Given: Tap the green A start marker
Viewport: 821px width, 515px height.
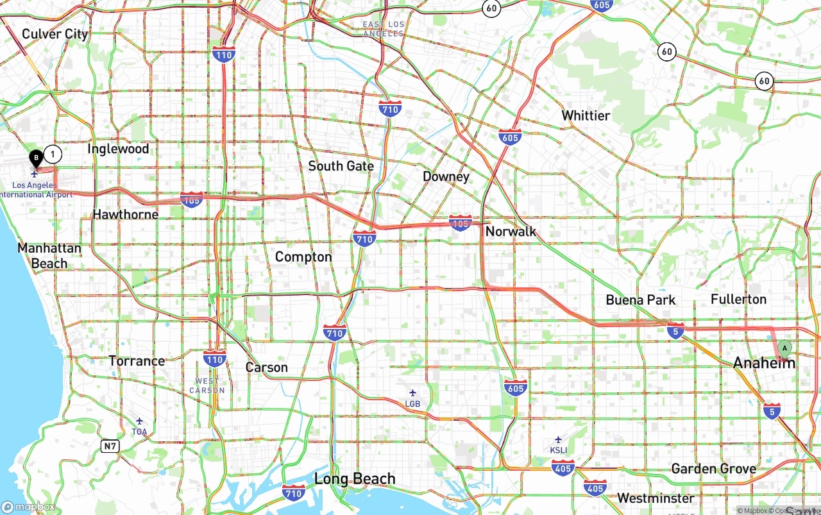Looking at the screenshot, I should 784,349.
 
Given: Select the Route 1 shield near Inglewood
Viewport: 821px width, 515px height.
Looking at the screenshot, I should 53,154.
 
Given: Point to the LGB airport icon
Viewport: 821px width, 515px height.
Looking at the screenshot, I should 412,393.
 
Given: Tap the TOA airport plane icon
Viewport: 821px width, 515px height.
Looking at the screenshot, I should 139,421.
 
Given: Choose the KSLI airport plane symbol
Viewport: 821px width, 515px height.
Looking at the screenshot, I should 558,439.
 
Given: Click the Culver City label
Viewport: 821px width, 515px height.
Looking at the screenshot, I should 55,34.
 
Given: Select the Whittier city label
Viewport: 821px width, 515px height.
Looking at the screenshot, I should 586,115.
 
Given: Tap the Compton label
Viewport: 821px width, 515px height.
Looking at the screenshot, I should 303,257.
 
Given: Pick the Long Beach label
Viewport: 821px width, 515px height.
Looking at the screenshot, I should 355,479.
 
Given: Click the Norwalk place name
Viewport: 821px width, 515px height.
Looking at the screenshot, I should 511,232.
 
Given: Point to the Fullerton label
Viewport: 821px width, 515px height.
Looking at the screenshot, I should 738,300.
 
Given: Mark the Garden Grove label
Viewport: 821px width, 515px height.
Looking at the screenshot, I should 713,469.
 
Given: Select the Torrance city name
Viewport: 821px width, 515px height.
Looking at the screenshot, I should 137,361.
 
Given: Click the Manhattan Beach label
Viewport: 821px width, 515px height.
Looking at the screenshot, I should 49,255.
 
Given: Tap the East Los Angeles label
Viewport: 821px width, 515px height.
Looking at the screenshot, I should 383,29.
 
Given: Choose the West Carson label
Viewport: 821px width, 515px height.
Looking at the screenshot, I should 207,385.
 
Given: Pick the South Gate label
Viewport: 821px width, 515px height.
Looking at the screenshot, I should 341,166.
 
